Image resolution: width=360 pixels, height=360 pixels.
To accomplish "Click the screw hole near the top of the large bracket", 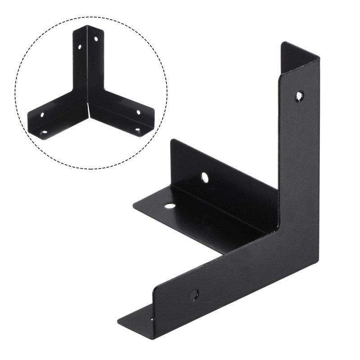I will point(299,95).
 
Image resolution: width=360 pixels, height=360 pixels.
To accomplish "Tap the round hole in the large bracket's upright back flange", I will point(205,177).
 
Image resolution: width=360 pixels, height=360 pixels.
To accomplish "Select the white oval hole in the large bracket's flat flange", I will point(170,206).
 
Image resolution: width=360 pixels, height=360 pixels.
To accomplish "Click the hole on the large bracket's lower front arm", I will point(194,295).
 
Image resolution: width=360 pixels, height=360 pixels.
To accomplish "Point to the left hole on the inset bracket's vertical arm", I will point(80,46).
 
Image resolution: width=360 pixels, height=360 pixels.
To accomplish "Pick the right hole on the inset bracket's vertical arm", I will point(95,40).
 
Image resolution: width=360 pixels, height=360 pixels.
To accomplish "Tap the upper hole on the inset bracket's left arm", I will point(42,115).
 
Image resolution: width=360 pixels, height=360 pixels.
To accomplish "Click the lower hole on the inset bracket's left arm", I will point(44,132).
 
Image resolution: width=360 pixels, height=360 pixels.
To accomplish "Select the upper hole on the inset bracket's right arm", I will point(138,112).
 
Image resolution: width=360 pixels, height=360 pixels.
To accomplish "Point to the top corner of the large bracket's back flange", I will point(171,140).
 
